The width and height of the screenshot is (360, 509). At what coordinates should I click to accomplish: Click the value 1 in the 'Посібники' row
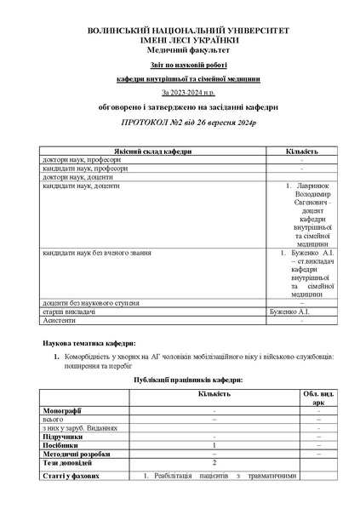(214, 444)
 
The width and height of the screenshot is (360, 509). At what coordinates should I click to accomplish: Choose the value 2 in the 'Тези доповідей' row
(214, 461)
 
